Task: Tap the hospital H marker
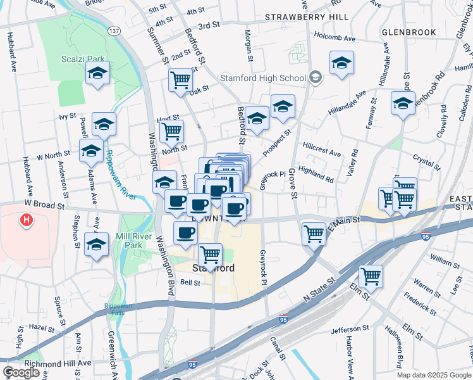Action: [27, 220]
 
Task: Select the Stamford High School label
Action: [262, 79]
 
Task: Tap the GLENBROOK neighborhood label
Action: [409, 32]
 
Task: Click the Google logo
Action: [21, 372]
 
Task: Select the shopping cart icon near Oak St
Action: [181, 80]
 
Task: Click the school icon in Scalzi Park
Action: [97, 73]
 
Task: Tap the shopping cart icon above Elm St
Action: [371, 276]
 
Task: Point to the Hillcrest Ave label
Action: [321, 154]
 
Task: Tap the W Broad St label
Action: [45, 205]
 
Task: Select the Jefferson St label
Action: [350, 329]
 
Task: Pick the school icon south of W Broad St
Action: [97, 244]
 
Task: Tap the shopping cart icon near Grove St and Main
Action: [314, 234]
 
